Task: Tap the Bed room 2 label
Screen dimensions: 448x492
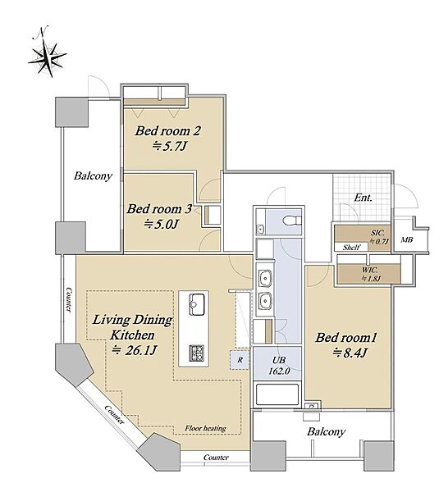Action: pos(168,131)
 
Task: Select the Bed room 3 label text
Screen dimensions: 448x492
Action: pos(159,209)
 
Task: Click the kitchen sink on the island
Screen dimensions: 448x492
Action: pos(197,303)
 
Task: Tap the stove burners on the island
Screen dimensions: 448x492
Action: pos(197,353)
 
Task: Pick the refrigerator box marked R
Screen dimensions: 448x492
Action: pos(240,360)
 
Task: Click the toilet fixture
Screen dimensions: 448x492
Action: pos(291,221)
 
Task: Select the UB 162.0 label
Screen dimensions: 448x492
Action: pos(279,366)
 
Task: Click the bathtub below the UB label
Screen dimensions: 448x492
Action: pos(277,394)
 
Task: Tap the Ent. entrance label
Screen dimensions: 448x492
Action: pos(363,198)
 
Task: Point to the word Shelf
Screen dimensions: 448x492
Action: pos(351,248)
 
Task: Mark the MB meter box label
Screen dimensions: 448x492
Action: pos(406,240)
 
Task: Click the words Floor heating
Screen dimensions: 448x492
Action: pos(205,428)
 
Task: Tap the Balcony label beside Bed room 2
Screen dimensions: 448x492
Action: pos(93,175)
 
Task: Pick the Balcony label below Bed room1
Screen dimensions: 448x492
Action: pos(326,431)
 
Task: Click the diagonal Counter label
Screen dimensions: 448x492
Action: pos(114,414)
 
